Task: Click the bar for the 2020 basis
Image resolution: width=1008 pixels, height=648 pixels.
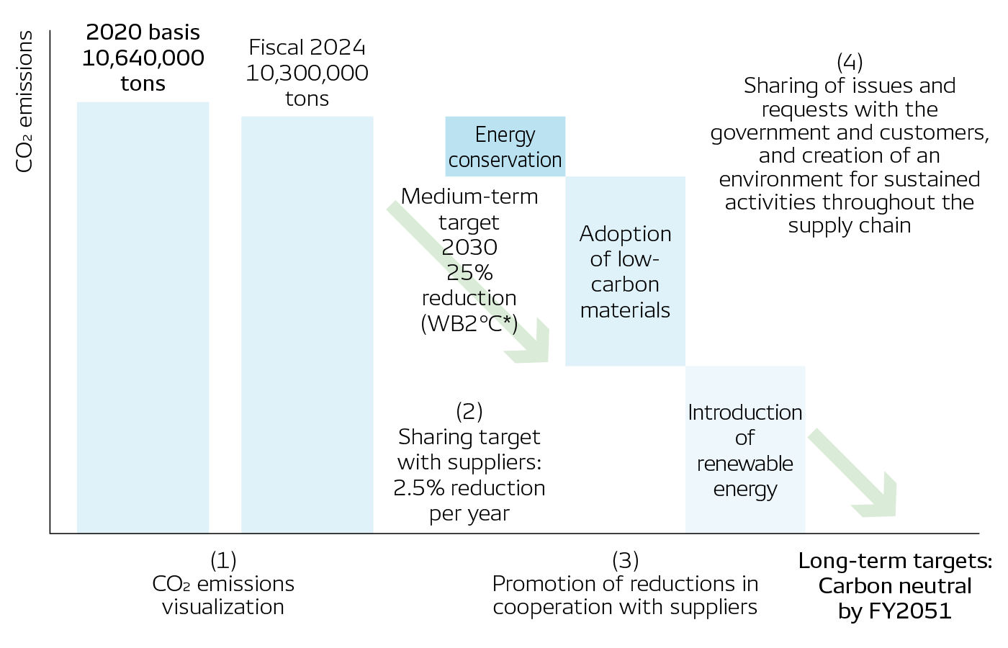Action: point(143,317)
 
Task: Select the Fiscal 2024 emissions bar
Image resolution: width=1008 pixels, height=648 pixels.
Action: point(307,324)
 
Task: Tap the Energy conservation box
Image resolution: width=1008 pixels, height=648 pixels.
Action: point(505,147)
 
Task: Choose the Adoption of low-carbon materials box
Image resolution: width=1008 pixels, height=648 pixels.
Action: point(625,271)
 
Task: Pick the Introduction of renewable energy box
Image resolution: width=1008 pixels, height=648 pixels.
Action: point(744,450)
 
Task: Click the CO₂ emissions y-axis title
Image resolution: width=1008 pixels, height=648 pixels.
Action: point(25,102)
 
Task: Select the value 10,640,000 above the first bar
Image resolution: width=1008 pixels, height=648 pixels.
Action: point(143,58)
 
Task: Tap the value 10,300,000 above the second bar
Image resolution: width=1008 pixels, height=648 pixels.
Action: point(307,73)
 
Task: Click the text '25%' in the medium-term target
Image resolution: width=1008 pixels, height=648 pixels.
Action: point(469,273)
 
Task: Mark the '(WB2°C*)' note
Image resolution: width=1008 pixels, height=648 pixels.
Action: point(469,324)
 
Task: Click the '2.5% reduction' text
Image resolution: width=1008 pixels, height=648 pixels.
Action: point(469,488)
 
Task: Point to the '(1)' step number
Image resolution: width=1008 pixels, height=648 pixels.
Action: point(223,560)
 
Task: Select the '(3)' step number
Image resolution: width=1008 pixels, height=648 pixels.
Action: point(625,560)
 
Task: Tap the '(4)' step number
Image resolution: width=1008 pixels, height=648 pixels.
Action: point(850,62)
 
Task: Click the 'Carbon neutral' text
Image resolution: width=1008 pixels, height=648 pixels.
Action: point(895,586)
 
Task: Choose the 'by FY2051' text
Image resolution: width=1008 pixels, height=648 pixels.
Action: point(895,611)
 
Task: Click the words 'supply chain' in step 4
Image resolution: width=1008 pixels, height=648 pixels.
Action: point(850,226)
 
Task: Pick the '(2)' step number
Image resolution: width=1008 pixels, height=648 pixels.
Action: point(469,412)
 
